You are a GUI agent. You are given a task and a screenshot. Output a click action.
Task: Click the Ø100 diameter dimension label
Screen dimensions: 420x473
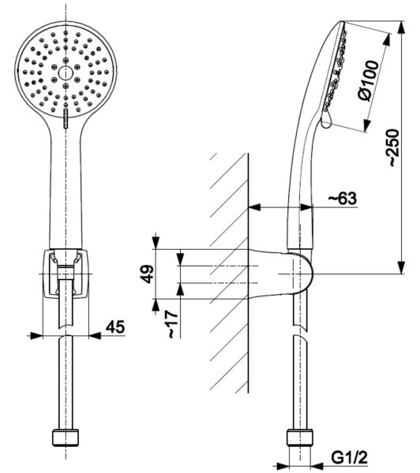click(x=368, y=80)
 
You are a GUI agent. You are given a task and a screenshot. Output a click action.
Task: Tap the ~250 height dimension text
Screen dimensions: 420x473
click(x=394, y=147)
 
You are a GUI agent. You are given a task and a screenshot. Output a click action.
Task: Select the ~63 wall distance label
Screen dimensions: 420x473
click(x=343, y=198)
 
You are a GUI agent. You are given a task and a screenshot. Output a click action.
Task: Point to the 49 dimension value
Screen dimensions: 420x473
click(x=148, y=274)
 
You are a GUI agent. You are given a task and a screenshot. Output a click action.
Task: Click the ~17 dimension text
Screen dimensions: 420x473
click(x=172, y=324)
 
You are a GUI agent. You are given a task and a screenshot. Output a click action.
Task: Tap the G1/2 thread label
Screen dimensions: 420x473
click(x=349, y=457)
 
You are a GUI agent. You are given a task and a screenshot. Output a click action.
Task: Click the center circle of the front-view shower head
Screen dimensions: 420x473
click(x=66, y=73)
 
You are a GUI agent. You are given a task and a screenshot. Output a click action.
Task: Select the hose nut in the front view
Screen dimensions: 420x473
click(x=66, y=437)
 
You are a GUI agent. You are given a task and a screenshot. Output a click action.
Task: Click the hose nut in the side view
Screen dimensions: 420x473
click(x=299, y=438)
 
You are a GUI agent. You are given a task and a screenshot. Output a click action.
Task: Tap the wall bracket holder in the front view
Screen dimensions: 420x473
click(x=66, y=274)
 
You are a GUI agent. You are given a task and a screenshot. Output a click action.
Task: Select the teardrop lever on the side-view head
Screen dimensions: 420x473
click(x=327, y=120)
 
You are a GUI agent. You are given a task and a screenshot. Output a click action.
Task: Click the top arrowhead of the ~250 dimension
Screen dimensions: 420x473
click(x=401, y=28)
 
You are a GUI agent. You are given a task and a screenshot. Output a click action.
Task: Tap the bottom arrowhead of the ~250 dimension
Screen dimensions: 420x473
click(x=401, y=267)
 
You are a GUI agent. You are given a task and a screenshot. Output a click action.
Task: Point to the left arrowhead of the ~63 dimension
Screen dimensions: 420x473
click(x=254, y=207)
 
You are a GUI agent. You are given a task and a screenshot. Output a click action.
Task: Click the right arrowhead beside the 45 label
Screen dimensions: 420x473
click(x=95, y=335)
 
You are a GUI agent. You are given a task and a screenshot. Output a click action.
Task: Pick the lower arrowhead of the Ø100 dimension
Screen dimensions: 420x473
click(x=366, y=125)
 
